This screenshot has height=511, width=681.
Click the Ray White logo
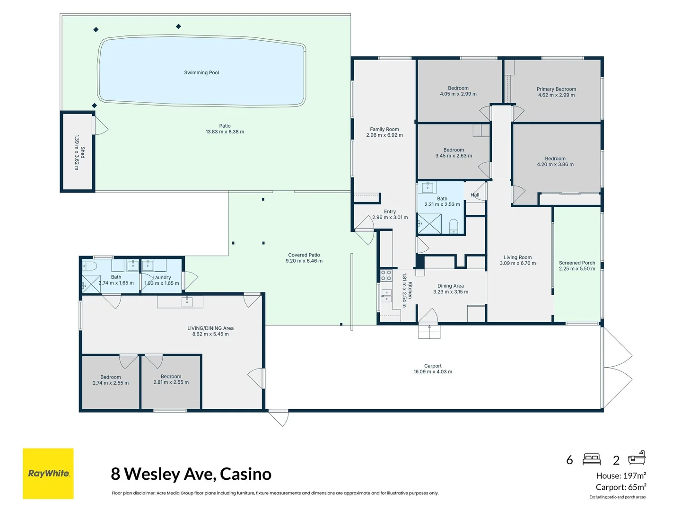[48, 473]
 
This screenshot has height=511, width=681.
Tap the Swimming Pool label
[201, 73]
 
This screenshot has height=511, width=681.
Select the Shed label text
[83, 152]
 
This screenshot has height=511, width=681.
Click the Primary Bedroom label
[556, 89]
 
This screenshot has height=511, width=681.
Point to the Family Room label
[384, 129]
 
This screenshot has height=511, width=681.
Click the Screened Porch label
[577, 263]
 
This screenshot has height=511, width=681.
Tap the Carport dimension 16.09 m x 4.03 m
[433, 372]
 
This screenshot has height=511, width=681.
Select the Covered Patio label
[304, 255]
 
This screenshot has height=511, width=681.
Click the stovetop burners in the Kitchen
[386, 275]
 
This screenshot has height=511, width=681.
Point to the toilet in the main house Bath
[453, 226]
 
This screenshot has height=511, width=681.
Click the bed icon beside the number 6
[591, 459]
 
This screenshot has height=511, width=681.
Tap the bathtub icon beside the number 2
[637, 458]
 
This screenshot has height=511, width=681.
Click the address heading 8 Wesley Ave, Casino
[191, 474]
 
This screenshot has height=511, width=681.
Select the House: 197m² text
[620, 476]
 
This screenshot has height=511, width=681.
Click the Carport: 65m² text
[620, 487]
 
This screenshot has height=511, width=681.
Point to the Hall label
[475, 195]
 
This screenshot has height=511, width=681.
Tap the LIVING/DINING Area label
[210, 328]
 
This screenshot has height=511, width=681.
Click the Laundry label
[162, 278]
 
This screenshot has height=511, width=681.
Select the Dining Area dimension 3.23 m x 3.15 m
[451, 292]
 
